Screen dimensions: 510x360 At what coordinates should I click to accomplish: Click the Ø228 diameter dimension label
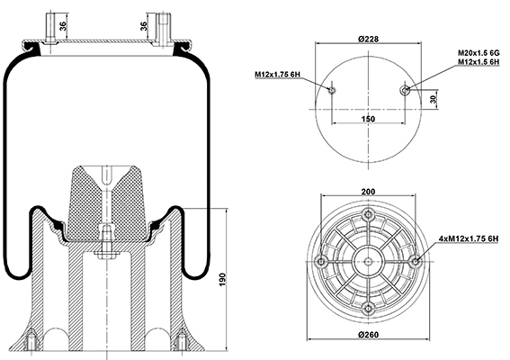click(x=369, y=39)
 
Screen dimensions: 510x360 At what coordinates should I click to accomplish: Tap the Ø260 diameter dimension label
click(x=369, y=334)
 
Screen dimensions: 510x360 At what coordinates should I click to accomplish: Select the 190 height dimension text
click(x=222, y=280)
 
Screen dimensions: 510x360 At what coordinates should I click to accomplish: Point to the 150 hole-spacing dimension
click(x=368, y=119)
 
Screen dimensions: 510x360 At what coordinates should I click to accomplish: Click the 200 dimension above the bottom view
click(x=368, y=192)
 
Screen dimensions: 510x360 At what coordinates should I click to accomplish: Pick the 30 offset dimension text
click(x=433, y=99)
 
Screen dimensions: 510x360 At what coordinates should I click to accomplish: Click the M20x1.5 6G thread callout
click(x=479, y=53)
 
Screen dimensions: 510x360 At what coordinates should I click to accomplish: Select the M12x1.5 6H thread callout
click(x=479, y=62)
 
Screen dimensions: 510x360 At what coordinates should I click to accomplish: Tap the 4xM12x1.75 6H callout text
click(x=469, y=238)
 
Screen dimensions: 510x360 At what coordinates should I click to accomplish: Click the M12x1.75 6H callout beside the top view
click(x=277, y=75)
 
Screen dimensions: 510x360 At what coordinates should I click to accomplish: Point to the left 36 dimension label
click(x=64, y=26)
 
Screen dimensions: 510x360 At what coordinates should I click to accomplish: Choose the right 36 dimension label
click(x=143, y=26)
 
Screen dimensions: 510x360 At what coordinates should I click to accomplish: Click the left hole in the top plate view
click(x=332, y=90)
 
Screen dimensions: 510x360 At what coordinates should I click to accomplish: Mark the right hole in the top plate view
click(x=405, y=90)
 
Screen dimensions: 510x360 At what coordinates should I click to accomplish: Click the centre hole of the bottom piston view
click(x=368, y=261)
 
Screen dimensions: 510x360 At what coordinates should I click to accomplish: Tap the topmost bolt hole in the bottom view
click(x=368, y=214)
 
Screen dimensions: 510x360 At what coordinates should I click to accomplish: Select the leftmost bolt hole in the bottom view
click(x=321, y=261)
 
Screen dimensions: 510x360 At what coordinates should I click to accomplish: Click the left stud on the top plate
click(x=50, y=28)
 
